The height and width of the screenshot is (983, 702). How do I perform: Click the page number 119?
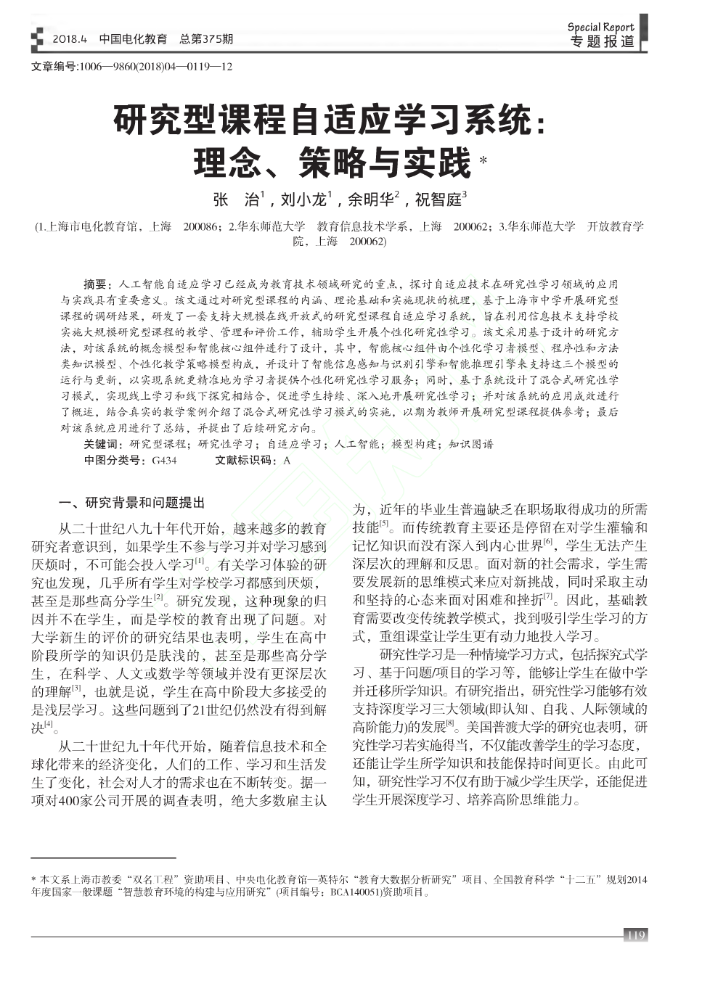pos(635,935)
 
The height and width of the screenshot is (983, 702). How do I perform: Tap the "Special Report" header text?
pos(601,28)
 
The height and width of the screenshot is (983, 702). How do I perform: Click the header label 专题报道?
pos(602,42)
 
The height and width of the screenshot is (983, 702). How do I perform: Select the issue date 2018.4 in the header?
pos(70,38)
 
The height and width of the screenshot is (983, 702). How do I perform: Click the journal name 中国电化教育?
pos(133,38)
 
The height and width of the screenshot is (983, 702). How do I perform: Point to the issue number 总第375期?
pos(206,38)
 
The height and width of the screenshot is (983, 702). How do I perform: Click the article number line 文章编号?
pos(131,67)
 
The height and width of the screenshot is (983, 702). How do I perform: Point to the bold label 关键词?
pos(103,444)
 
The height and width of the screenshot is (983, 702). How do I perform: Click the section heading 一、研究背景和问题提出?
pos(132,502)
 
